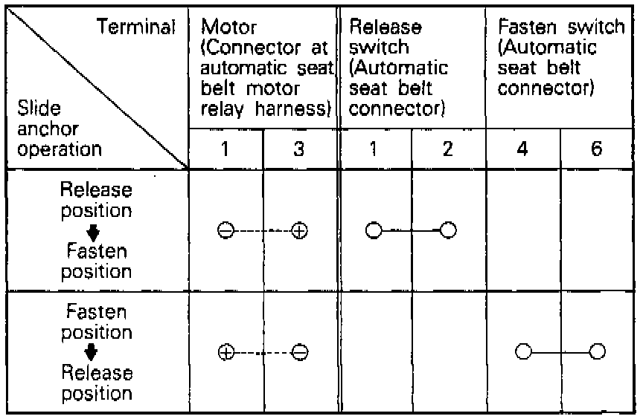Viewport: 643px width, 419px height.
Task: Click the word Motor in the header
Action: coord(228,28)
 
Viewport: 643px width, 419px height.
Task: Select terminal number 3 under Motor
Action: coord(299,149)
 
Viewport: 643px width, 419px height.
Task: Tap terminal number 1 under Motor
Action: coord(225,149)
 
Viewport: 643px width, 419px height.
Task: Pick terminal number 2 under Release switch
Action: coord(447,149)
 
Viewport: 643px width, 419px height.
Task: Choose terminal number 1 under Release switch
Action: coord(374,149)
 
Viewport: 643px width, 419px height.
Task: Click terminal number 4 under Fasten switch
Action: coord(522,149)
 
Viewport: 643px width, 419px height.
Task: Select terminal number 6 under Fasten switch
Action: coord(596,149)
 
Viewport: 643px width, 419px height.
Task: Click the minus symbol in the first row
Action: coord(225,230)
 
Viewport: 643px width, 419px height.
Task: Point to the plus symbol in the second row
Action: coord(225,352)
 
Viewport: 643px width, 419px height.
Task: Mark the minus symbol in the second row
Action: coord(300,352)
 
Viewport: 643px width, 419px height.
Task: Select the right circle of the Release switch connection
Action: coord(447,230)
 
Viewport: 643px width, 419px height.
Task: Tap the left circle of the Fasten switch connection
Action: coord(523,351)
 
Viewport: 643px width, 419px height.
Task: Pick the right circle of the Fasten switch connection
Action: coord(596,351)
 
